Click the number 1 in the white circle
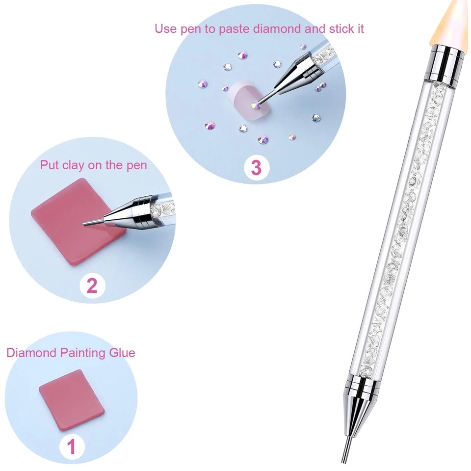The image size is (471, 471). [71, 447]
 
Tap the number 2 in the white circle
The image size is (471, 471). [92, 286]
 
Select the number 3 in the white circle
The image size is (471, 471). [256, 168]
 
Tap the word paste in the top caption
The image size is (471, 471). [234, 29]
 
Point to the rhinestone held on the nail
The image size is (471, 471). [256, 105]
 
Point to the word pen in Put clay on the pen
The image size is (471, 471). [137, 166]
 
